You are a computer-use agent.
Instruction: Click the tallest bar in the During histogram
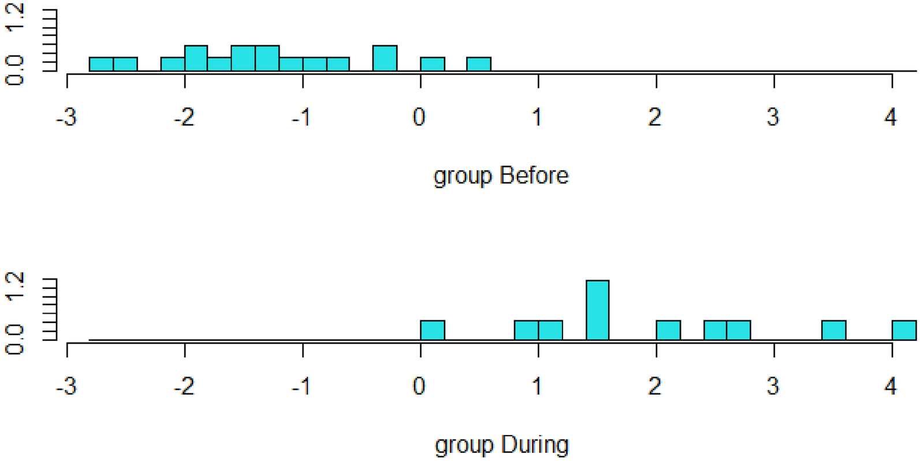click(x=597, y=310)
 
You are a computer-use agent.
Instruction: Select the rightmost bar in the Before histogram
click(x=479, y=64)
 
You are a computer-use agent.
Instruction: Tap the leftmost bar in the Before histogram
click(x=101, y=64)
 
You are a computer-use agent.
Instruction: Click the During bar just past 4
click(x=904, y=330)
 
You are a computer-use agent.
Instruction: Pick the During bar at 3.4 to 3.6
click(x=833, y=330)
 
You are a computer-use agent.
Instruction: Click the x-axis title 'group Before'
click(x=501, y=176)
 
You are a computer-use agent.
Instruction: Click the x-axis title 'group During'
click(x=501, y=445)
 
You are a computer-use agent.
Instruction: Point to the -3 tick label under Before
click(x=66, y=117)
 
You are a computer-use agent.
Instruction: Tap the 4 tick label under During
click(x=891, y=386)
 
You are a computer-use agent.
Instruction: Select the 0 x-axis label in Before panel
click(x=419, y=117)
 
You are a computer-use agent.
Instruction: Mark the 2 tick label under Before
click(x=655, y=117)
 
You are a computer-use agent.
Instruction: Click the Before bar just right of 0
click(x=433, y=64)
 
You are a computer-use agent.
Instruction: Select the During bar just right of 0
click(x=433, y=330)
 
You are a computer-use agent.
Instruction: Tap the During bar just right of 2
click(x=668, y=330)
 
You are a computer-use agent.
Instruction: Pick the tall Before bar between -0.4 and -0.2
click(x=385, y=58)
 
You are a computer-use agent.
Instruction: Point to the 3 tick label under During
click(x=773, y=386)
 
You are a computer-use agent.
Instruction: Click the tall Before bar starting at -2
click(x=196, y=58)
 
